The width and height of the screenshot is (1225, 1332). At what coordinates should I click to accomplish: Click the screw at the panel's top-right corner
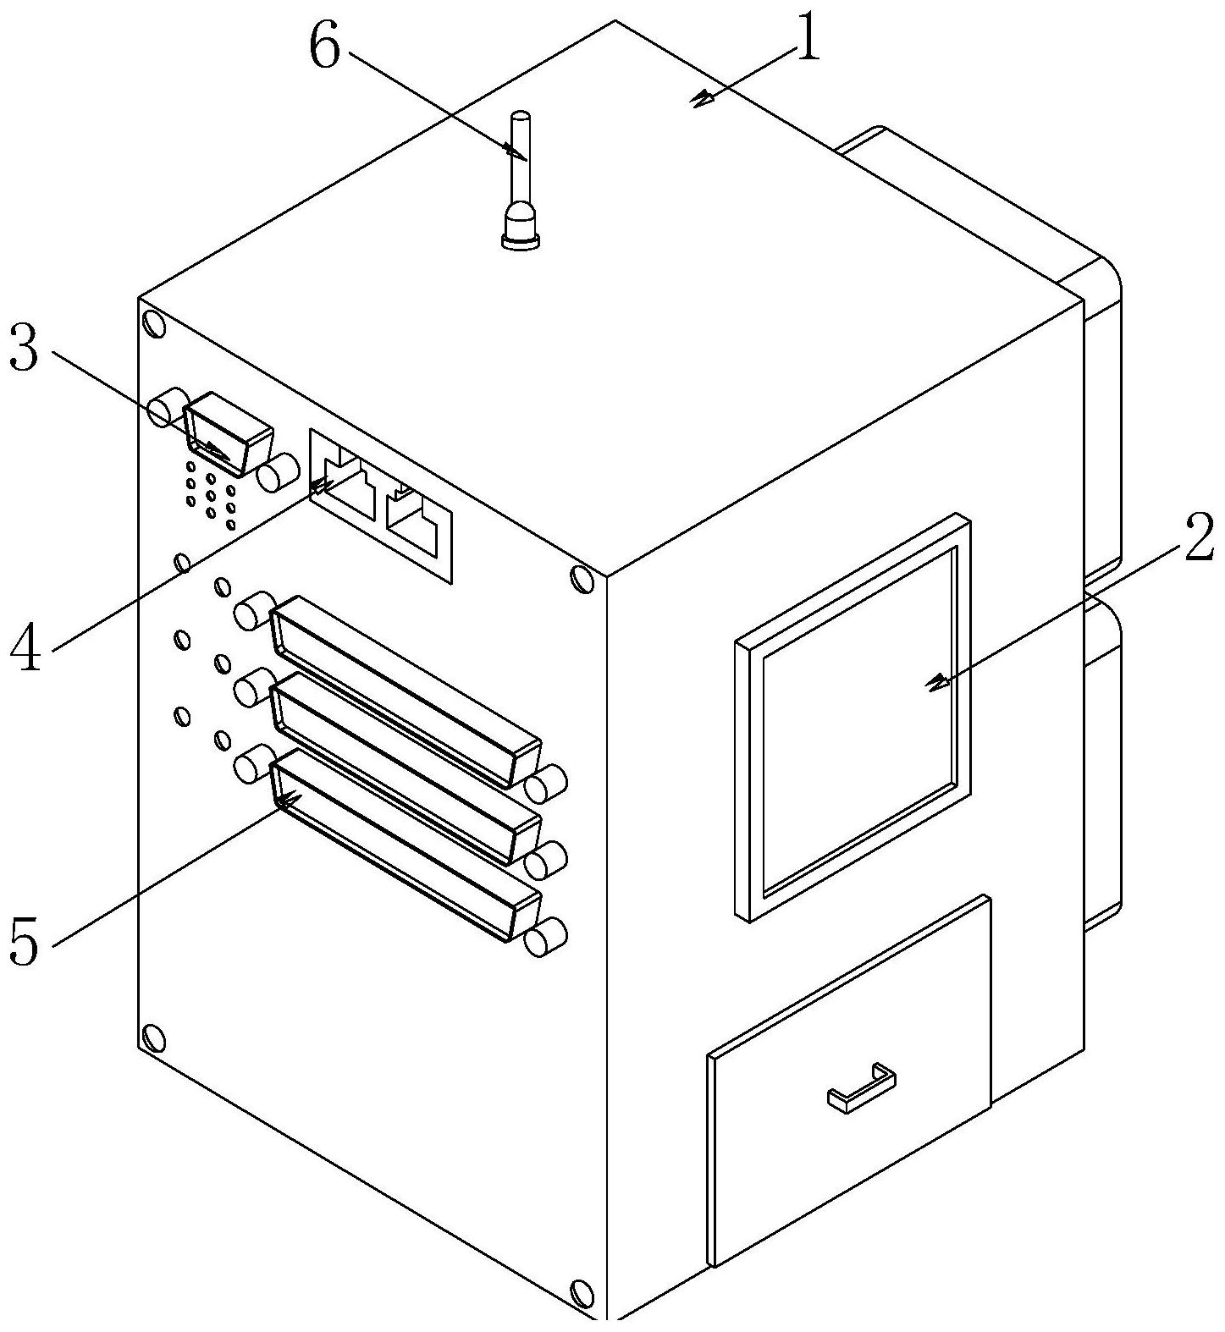point(582,579)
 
